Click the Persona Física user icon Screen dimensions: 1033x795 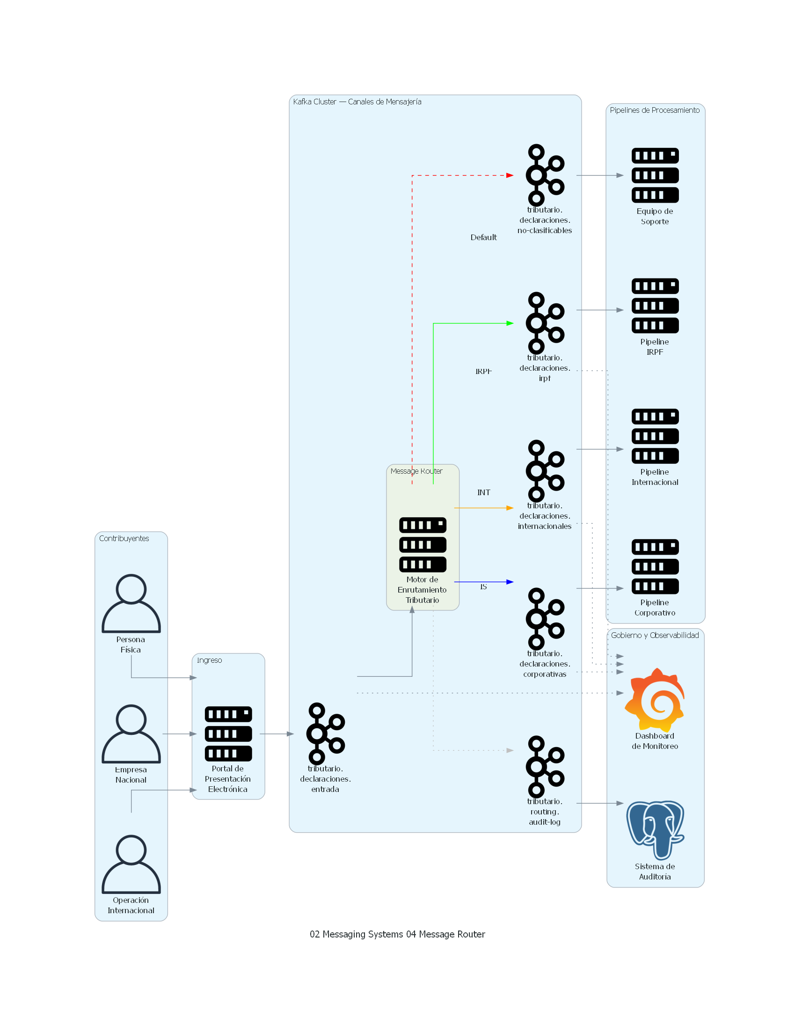point(131,603)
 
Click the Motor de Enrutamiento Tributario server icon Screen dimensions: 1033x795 point(423,544)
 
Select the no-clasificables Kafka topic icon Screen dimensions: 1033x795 point(545,175)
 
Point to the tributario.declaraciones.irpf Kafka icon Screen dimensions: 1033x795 point(545,323)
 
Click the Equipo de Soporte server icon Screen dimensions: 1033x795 point(655,175)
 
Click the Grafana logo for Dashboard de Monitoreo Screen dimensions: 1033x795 point(655,700)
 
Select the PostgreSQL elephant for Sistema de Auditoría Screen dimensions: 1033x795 point(655,829)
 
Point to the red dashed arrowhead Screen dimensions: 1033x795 point(510,176)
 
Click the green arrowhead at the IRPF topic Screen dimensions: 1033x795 point(510,323)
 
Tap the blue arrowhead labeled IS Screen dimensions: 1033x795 point(510,582)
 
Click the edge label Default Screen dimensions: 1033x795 point(483,237)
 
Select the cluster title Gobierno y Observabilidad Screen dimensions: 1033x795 point(655,635)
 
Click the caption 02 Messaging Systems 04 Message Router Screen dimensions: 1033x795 point(397,934)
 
